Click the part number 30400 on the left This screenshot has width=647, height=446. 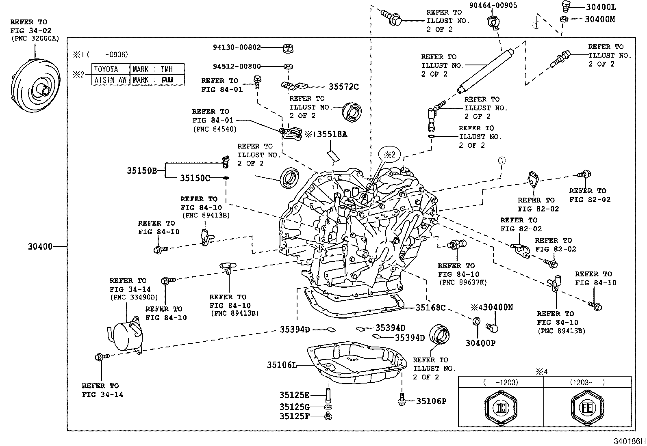pos(40,246)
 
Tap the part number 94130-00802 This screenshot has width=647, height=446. pos(237,47)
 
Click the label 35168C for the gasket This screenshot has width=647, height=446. pos(430,308)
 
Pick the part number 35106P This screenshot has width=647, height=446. pos(431,401)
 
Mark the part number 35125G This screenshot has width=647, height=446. pos(294,407)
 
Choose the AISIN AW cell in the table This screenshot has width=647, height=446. pos(111,80)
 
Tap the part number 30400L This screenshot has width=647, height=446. pos(601,7)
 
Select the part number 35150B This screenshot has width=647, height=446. pos(141,171)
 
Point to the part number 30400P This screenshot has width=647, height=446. pos(480,343)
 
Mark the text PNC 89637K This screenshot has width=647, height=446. pos(462,282)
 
